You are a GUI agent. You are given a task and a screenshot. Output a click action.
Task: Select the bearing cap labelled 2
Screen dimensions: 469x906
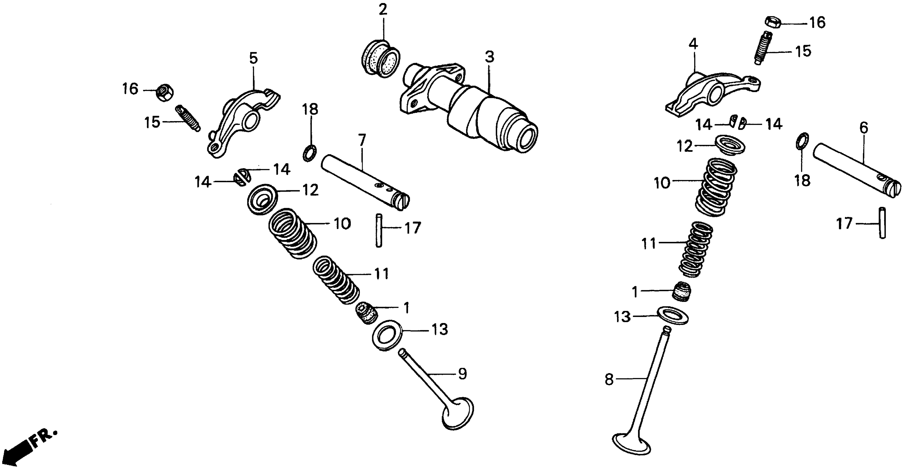pyautogui.click(x=381, y=59)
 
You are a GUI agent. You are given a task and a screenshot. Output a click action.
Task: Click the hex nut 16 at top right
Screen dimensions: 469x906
pyautogui.click(x=773, y=22)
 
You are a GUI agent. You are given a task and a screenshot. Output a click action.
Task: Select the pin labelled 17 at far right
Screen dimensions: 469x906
pyautogui.click(x=882, y=223)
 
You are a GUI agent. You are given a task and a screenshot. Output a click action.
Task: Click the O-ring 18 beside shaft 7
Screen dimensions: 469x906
pyautogui.click(x=310, y=153)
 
